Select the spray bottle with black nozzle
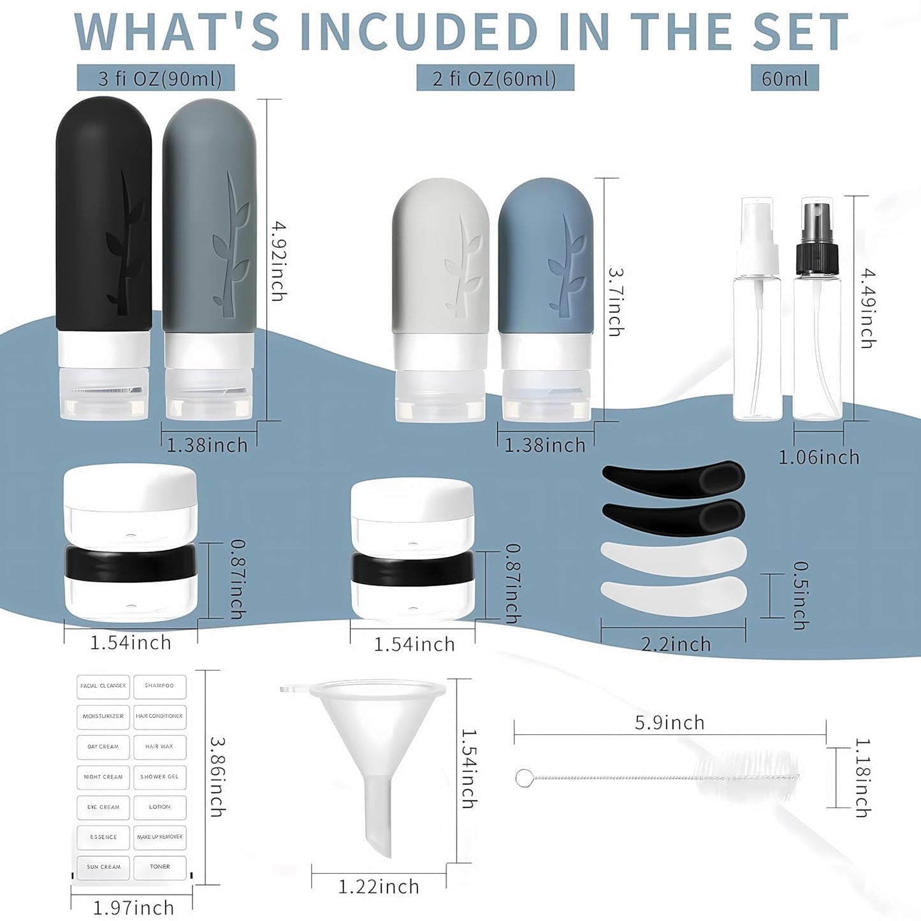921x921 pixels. (817, 312)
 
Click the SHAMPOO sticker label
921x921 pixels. (159, 686)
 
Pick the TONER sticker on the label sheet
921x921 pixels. (159, 867)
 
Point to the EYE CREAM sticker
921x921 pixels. (103, 807)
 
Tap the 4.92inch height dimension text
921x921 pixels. (279, 261)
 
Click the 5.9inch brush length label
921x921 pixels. (670, 723)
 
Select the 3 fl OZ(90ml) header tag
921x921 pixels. (156, 78)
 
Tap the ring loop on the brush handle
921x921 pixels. (524, 778)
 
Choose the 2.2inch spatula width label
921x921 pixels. (676, 644)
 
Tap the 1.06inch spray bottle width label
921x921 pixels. (819, 457)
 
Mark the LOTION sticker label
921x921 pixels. (159, 807)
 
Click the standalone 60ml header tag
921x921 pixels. (785, 78)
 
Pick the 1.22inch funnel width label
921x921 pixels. (379, 887)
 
